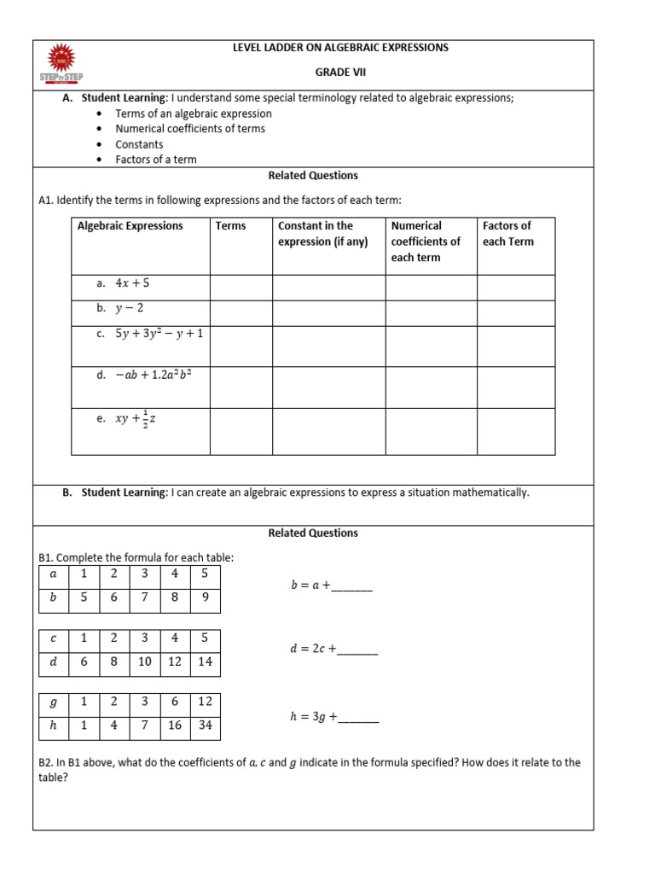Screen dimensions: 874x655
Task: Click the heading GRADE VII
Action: click(x=340, y=73)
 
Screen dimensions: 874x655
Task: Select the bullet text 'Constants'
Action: click(x=139, y=144)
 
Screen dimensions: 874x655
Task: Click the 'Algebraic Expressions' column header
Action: click(x=130, y=226)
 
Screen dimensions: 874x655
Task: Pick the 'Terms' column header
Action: click(x=230, y=226)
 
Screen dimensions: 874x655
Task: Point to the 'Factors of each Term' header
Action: click(x=507, y=234)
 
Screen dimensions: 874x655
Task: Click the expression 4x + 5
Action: click(x=132, y=283)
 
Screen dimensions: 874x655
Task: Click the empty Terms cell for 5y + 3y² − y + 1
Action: click(x=241, y=344)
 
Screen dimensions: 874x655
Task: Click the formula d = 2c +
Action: click(x=313, y=650)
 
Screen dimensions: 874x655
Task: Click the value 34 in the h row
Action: click(x=205, y=728)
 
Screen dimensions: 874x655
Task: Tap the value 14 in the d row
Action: click(x=205, y=662)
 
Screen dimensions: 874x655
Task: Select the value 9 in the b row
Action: click(x=205, y=598)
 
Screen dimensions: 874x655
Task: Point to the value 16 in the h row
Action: click(x=174, y=728)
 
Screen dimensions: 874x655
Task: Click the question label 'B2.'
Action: click(x=47, y=762)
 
